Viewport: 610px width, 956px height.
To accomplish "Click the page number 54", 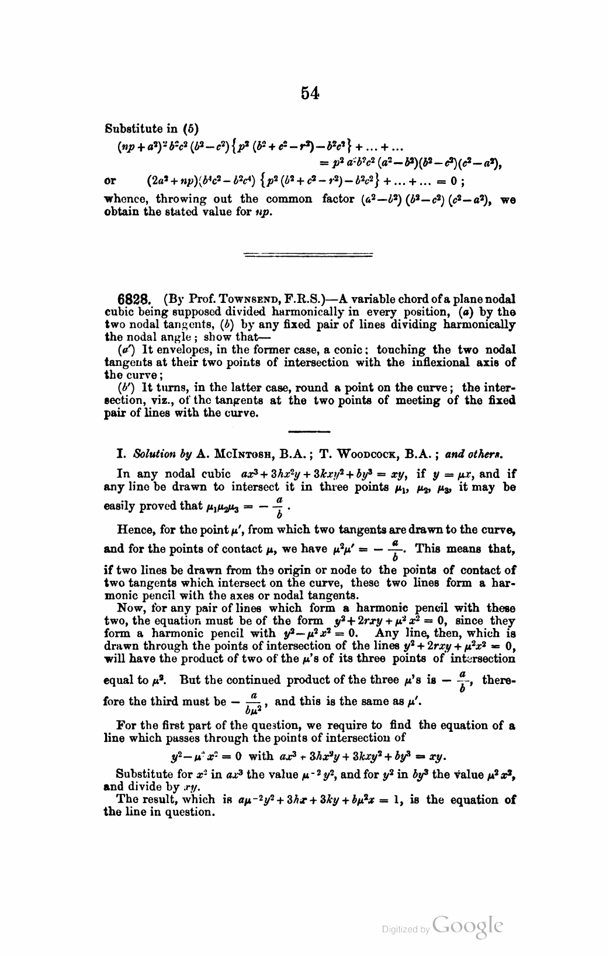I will (x=310, y=93).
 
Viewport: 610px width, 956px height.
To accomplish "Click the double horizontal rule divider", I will (x=308, y=254).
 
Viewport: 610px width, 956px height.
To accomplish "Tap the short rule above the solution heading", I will (x=309, y=431).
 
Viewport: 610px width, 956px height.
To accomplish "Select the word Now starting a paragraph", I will (x=127, y=609).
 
